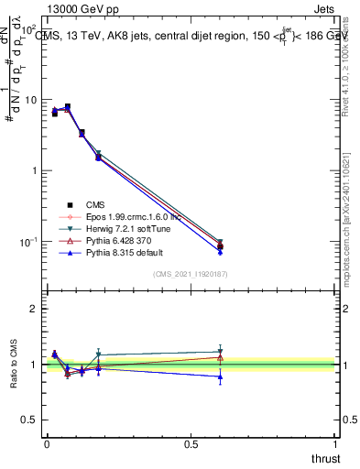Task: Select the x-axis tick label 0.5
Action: click(x=191, y=445)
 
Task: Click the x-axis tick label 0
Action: click(x=47, y=445)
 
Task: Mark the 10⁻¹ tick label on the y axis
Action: click(x=27, y=242)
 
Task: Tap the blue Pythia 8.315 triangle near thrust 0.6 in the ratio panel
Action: click(x=220, y=376)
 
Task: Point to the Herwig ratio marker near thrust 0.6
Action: click(x=220, y=351)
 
